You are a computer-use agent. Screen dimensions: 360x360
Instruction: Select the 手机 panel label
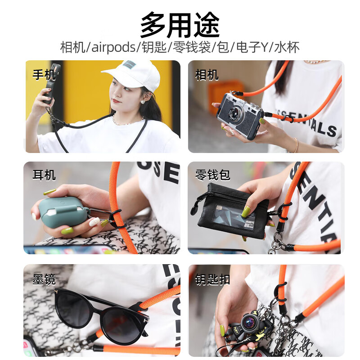click(x=44, y=74)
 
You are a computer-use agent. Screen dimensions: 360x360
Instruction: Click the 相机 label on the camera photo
click(x=207, y=74)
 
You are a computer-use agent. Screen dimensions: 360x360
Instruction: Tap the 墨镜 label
click(x=44, y=279)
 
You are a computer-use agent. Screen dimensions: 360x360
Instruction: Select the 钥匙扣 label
click(x=212, y=279)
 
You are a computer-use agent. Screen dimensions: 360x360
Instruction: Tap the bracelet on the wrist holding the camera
click(x=295, y=145)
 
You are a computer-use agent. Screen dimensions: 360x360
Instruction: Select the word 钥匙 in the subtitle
click(x=153, y=47)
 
